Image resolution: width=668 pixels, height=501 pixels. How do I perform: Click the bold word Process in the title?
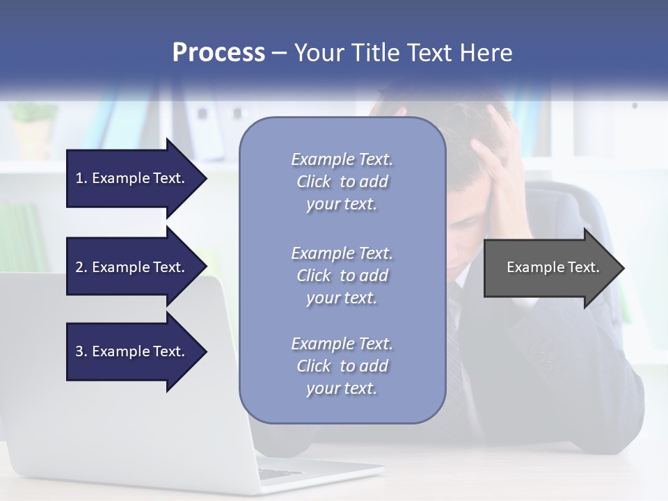[x=218, y=53]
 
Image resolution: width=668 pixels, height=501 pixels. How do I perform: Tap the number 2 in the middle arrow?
[x=79, y=267]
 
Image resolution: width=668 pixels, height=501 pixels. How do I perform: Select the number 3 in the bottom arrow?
[x=79, y=351]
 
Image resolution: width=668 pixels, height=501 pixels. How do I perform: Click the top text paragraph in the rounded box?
[x=342, y=182]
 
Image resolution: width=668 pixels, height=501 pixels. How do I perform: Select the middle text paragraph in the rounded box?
[x=342, y=276]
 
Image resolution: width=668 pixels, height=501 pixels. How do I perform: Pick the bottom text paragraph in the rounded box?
[x=342, y=366]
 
